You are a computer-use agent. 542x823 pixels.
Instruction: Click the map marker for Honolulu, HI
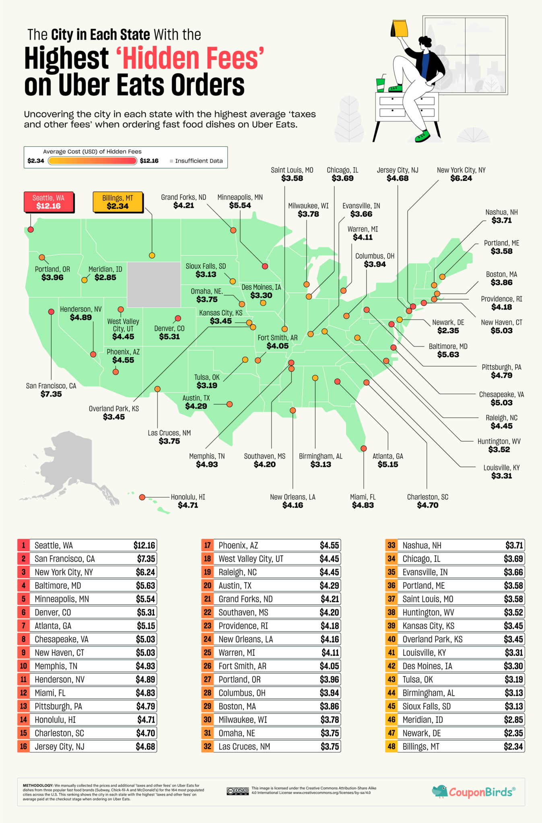[x=142, y=497]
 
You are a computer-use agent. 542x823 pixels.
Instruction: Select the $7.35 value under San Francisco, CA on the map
[x=51, y=394]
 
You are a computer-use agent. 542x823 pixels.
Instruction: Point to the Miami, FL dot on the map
[x=364, y=448]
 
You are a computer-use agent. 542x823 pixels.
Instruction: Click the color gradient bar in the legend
[x=93, y=161]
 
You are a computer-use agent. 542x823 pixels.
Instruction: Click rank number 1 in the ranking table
[x=24, y=545]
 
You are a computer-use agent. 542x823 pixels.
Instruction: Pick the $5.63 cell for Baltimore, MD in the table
[x=145, y=586]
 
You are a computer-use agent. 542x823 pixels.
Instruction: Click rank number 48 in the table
[x=392, y=747]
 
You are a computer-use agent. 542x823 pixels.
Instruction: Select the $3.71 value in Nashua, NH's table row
[x=514, y=545]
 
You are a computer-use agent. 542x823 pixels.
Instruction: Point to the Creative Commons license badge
[x=237, y=791]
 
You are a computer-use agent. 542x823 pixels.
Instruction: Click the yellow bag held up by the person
[x=399, y=28]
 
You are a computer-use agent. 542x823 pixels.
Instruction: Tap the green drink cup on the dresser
[x=380, y=84]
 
